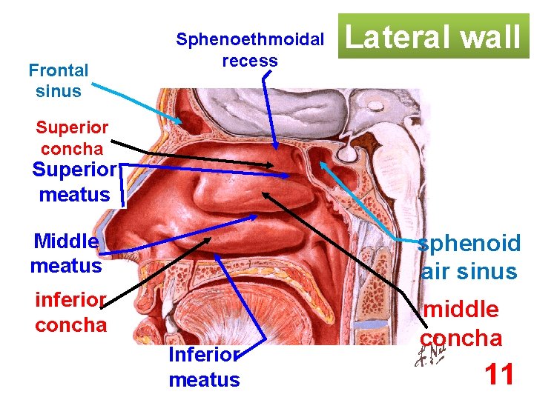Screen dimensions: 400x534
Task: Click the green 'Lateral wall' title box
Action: [434, 36]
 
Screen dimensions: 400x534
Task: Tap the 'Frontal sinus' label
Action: [59, 81]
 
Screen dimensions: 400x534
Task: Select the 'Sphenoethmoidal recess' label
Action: [250, 50]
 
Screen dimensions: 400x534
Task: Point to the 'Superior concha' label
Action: [72, 139]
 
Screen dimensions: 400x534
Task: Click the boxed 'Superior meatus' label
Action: [74, 183]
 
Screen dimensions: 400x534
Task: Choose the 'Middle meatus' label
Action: [66, 253]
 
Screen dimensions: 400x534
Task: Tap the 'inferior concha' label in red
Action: [71, 313]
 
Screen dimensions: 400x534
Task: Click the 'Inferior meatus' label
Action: [204, 367]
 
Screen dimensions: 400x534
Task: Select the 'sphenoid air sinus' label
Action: [468, 257]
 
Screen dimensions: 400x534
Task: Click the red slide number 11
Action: [499, 375]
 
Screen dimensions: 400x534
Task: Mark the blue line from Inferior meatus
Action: [237, 296]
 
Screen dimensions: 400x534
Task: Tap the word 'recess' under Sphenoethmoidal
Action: [250, 61]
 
